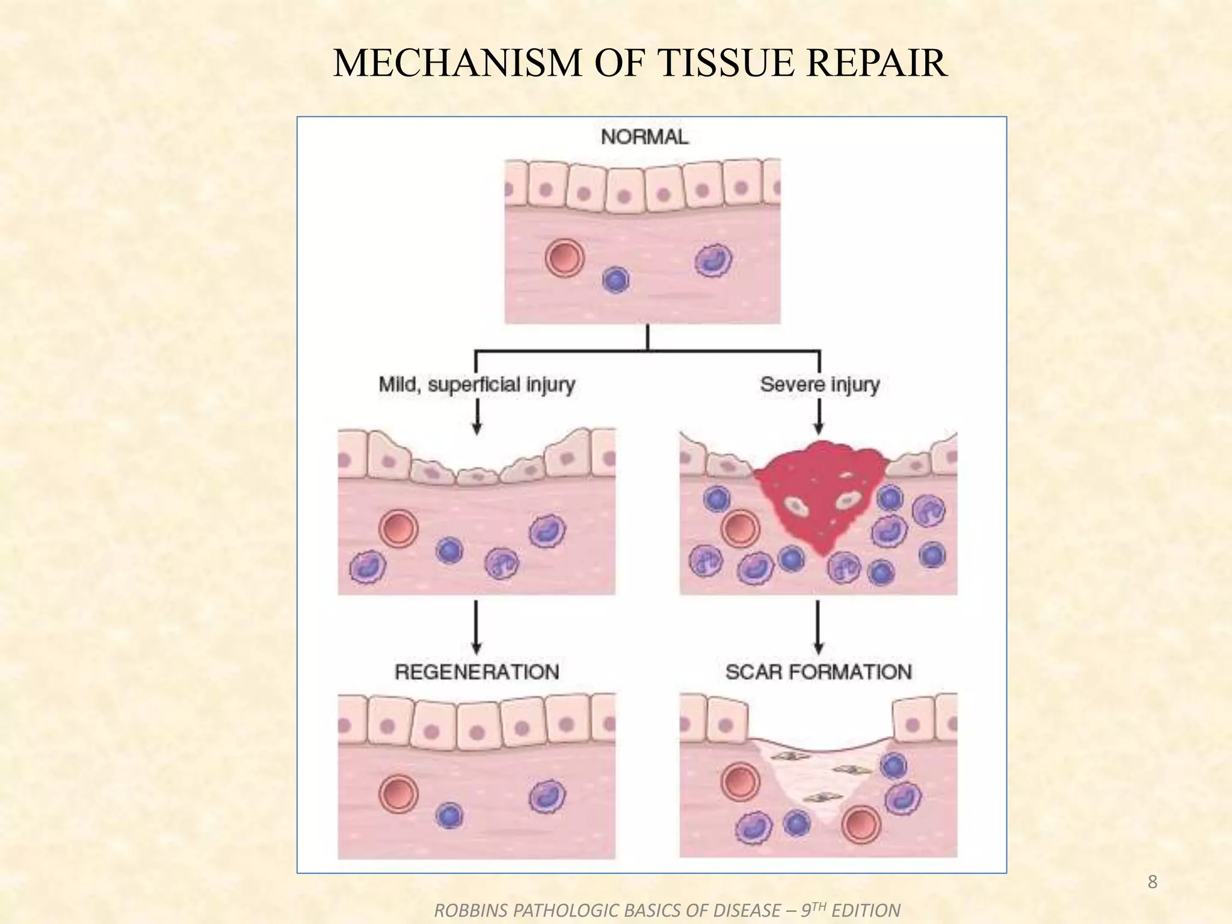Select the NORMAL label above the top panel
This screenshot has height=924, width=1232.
point(644,137)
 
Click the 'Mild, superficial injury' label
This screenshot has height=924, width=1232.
point(477,384)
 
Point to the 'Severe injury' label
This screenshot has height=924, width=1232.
point(819,384)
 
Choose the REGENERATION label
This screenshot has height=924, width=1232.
point(477,671)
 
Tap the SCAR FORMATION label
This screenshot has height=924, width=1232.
point(819,671)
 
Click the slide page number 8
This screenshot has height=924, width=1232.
point(1152,882)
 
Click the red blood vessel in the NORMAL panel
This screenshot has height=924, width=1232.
point(564,258)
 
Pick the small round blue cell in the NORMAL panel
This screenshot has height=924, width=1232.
point(615,280)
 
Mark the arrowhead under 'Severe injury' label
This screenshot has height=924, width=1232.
point(818,428)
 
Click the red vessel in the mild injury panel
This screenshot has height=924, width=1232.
point(398,528)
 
